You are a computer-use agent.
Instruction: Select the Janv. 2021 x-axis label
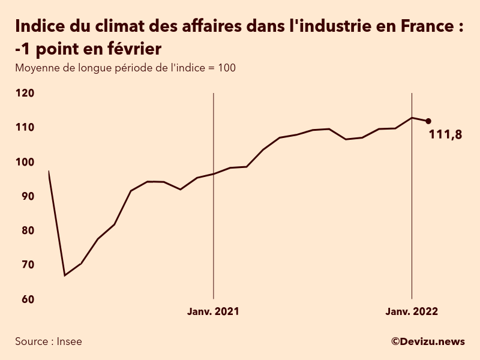213,311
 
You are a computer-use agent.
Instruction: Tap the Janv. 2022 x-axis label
411,311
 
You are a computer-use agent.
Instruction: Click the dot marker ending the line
428,121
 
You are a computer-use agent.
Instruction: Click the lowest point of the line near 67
65,275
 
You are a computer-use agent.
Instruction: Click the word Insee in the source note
69,341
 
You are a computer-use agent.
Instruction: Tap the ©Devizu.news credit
428,341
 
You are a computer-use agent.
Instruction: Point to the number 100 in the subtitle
227,68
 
